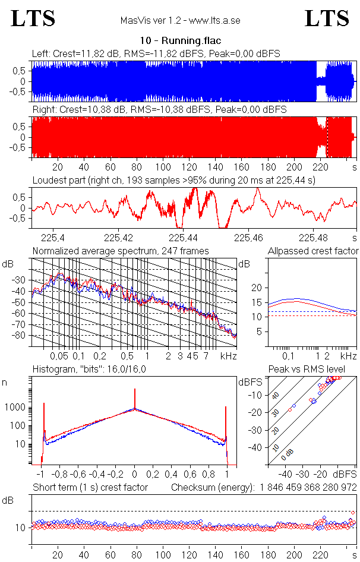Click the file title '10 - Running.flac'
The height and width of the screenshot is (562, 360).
coord(180,41)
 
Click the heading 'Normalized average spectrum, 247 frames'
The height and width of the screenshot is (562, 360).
coord(121,251)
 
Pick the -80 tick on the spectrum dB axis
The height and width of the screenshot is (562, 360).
coord(21,336)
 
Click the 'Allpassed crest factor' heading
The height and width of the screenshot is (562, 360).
coord(313,251)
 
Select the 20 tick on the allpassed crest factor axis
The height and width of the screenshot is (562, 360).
coord(257,288)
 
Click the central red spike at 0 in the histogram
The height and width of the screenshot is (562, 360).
coord(135,399)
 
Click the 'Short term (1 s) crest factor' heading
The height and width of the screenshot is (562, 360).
coord(90,488)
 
